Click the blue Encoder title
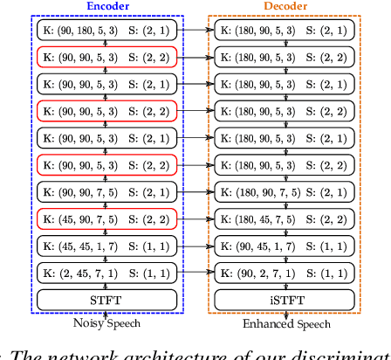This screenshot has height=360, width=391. pyautogui.click(x=106, y=7)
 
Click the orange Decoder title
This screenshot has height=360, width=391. pyautogui.click(x=286, y=7)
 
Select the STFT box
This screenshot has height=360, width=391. pyautogui.click(x=106, y=300)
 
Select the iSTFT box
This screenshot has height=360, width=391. pyautogui.click(x=286, y=300)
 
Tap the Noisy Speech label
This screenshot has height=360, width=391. pyautogui.click(x=106, y=324)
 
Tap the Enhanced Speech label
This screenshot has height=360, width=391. pyautogui.click(x=286, y=324)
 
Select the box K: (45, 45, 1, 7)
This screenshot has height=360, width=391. pyautogui.click(x=106, y=246)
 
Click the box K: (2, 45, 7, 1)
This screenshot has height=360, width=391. pyautogui.click(x=106, y=273)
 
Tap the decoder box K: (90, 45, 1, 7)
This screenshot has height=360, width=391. pyautogui.click(x=286, y=246)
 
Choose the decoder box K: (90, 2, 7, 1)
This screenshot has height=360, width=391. pyautogui.click(x=286, y=273)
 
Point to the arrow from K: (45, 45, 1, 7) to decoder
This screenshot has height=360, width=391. pyautogui.click(x=196, y=246)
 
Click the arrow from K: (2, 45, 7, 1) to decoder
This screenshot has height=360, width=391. pyautogui.click(x=196, y=273)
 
